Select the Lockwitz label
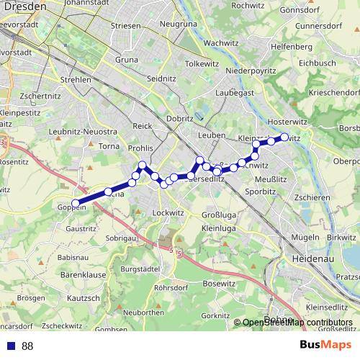click(168, 214)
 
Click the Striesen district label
click(126, 25)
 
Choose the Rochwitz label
click(248, 6)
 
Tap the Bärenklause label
click(84, 274)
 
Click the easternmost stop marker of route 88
click(284, 137)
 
